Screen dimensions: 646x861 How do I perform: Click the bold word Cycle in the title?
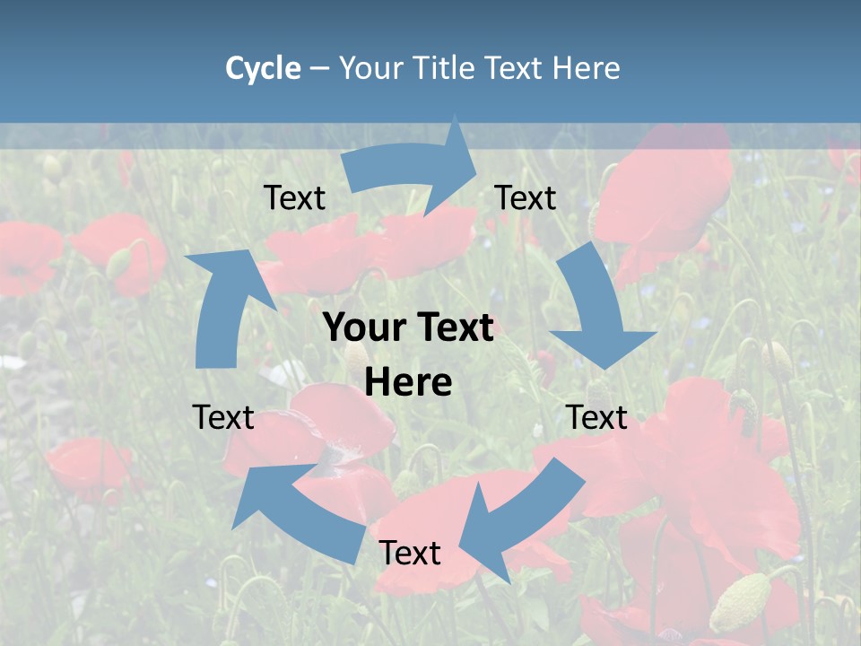(263, 68)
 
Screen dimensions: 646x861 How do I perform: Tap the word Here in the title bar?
(587, 68)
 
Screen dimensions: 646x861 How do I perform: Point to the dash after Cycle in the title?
(319, 68)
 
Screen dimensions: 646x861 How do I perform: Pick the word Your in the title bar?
(370, 68)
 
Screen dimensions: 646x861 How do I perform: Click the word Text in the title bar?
(515, 68)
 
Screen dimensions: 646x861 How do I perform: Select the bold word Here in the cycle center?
(408, 383)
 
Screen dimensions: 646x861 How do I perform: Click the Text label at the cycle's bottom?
(410, 553)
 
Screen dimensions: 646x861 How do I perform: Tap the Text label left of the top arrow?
(295, 198)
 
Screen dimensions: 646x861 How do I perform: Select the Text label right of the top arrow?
(526, 197)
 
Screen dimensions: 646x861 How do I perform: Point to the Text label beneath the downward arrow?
(596, 417)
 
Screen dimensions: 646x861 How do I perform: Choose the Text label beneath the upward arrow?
(223, 417)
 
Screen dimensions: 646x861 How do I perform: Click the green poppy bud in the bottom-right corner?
(741, 602)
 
